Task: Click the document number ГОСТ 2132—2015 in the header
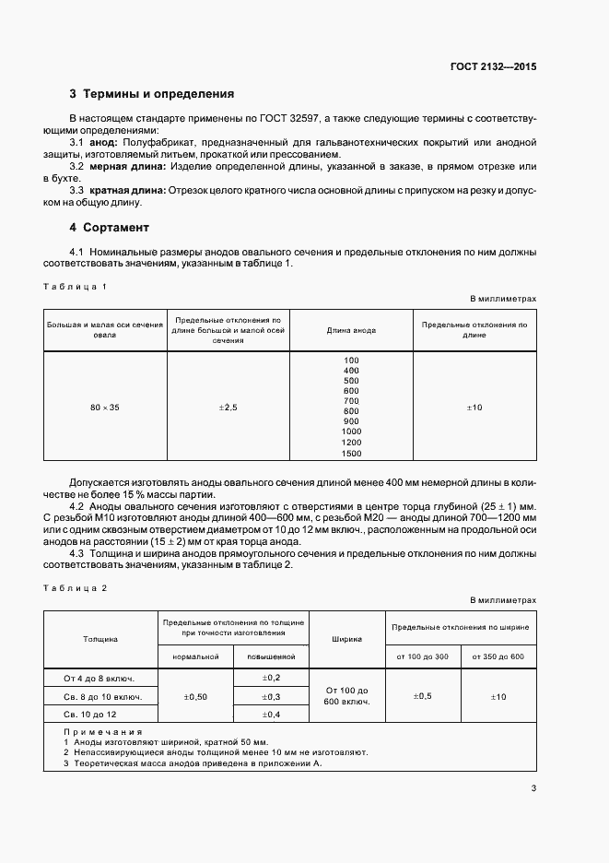493,66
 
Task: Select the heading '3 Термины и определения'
152,94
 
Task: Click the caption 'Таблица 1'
76,287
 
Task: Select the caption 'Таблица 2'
76,587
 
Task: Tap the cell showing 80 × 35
105,407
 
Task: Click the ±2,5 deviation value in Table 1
228,407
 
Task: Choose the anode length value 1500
351,454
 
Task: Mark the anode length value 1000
351,431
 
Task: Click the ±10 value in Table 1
474,407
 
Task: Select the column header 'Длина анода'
351,330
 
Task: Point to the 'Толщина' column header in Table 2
100,638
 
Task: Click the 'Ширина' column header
346,638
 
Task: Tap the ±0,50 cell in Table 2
196,696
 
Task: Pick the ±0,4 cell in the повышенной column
271,715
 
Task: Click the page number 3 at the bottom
533,787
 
